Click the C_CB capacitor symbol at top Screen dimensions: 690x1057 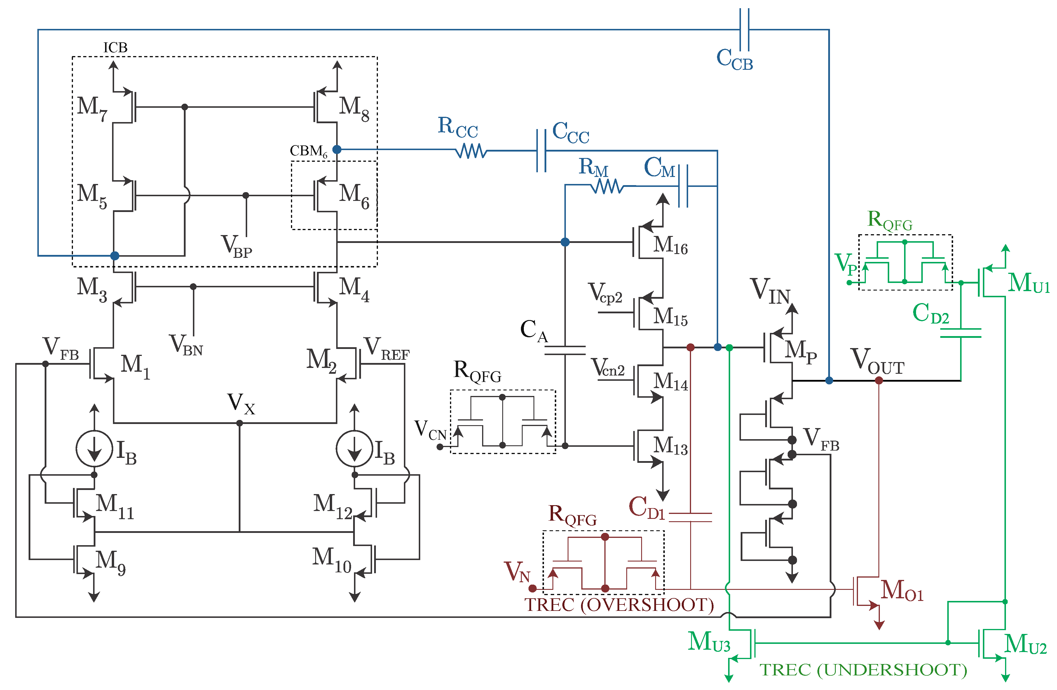tap(745, 30)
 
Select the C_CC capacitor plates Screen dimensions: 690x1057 tap(541, 151)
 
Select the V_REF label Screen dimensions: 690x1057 tap(386, 349)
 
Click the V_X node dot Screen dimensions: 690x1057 tap(239, 423)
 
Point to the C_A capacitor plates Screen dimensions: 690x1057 tap(565, 350)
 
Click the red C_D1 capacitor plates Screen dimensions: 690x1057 tap(690, 517)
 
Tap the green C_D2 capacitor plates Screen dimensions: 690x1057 tap(961, 333)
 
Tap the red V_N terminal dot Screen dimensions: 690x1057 tap(533, 589)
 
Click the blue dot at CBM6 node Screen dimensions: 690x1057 tap(337, 149)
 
